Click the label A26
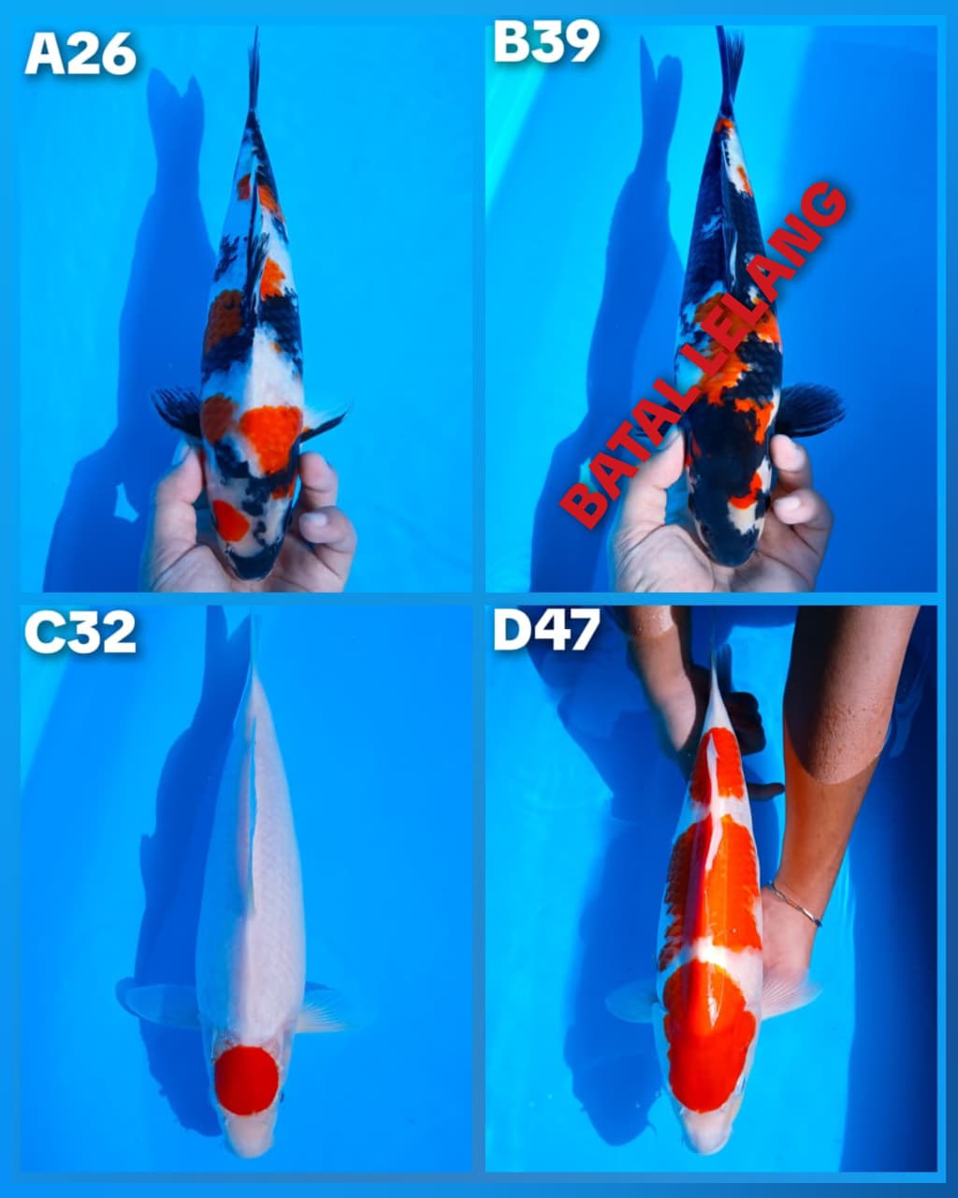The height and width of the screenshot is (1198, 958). coord(80,53)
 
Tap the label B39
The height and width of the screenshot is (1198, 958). coord(546,42)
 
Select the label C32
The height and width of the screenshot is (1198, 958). coord(80,634)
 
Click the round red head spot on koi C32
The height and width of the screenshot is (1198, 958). coord(246,1080)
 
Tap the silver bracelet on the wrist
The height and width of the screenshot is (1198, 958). coord(795,903)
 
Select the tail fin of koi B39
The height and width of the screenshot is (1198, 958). coord(729,61)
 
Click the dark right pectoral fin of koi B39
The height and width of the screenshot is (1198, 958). coord(810,409)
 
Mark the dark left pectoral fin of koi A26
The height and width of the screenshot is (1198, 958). coord(178,409)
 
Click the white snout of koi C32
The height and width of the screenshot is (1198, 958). coord(249,1137)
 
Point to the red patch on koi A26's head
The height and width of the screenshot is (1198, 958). coord(228,519)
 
